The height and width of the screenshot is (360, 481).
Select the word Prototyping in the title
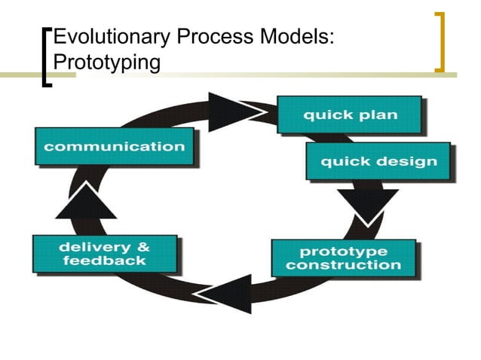pyautogui.click(x=108, y=62)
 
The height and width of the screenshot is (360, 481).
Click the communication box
pyautogui.click(x=114, y=147)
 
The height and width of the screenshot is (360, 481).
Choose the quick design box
pyautogui.click(x=378, y=161)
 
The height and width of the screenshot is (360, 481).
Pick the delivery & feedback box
pyautogui.click(x=105, y=254)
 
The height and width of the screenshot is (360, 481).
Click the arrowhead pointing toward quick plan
pyautogui.click(x=235, y=111)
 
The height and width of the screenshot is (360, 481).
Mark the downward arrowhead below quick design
pyautogui.click(x=367, y=203)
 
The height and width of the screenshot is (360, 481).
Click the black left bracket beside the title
pyautogui.click(x=47, y=57)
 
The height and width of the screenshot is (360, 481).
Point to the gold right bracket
pyautogui.click(x=440, y=42)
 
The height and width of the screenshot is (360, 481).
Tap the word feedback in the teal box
pyautogui.click(x=105, y=261)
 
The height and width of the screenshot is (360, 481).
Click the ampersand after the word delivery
pyautogui.click(x=141, y=247)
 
